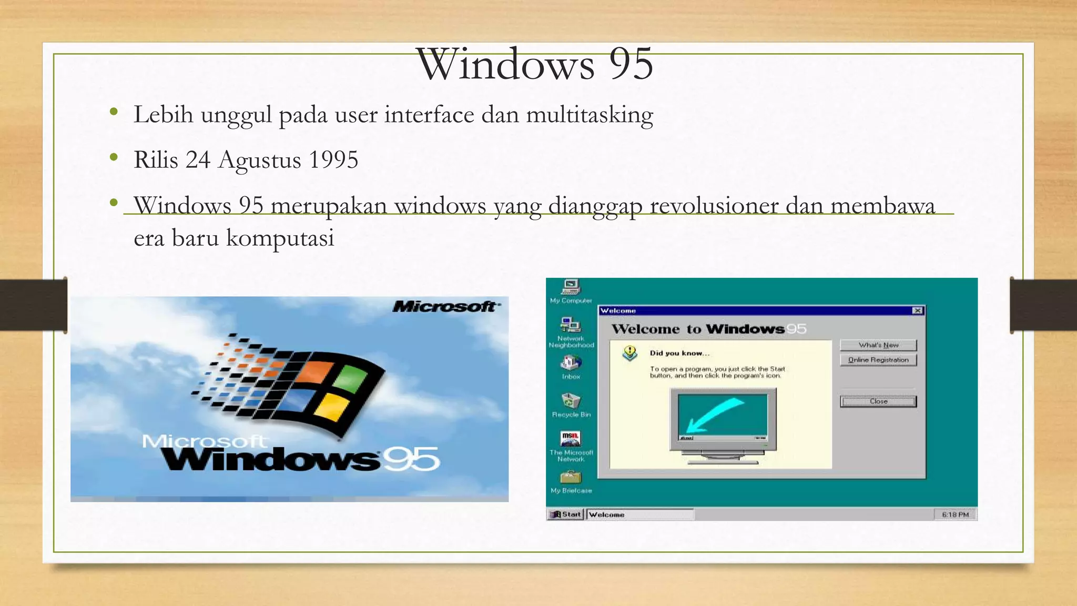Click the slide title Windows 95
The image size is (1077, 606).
click(x=534, y=64)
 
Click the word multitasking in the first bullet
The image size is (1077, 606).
click(x=590, y=115)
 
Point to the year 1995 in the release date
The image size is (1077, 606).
click(x=333, y=160)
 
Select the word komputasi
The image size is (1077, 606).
click(x=280, y=238)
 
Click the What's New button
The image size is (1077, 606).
click(x=878, y=345)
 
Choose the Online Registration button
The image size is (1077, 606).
click(x=878, y=360)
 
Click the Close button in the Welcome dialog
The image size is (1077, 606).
click(x=878, y=401)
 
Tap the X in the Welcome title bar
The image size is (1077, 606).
click(x=918, y=310)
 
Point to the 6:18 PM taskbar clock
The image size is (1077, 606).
click(x=955, y=514)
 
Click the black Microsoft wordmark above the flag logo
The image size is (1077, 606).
click(x=445, y=306)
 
